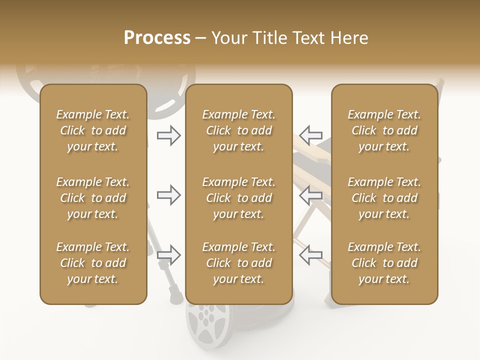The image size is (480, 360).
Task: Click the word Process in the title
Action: coord(157,38)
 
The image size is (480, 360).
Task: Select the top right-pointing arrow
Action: coord(169,135)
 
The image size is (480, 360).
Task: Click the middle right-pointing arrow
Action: coord(169,195)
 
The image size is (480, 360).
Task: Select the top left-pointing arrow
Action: coord(310,135)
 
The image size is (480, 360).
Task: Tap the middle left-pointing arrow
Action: coord(310,195)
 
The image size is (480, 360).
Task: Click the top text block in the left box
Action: coord(93,130)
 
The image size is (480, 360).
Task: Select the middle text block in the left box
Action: coord(93,198)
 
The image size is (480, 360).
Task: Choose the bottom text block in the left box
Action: coord(93,263)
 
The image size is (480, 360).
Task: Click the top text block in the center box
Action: coord(238,130)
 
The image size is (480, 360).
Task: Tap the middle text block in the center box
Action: coord(238,198)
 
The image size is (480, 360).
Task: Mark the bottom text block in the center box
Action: coord(238,263)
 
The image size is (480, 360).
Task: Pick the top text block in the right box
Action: coord(384,130)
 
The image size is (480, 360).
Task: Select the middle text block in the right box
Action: coord(384,198)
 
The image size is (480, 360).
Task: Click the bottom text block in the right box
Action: coord(384,263)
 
